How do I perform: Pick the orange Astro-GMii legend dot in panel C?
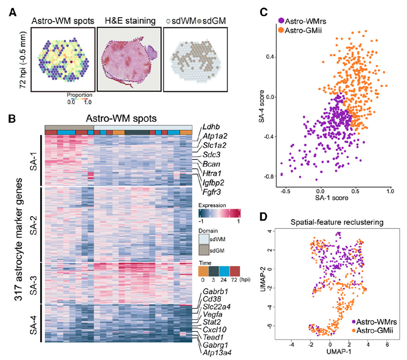[x=282, y=30]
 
